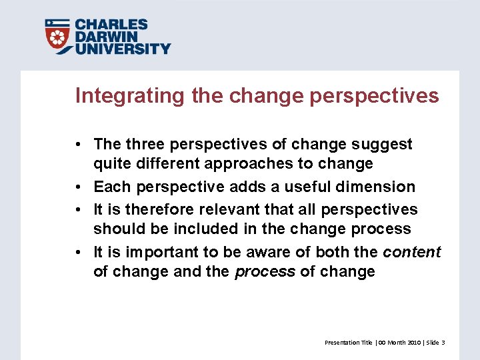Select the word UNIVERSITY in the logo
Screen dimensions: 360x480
[122, 48]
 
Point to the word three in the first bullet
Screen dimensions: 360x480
[147, 144]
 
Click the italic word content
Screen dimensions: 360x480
[412, 252]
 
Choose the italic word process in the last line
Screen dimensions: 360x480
[265, 272]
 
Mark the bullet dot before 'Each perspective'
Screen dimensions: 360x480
[79, 187]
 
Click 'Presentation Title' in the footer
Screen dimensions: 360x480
[348, 342]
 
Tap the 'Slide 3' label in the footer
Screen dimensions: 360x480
[435, 342]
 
